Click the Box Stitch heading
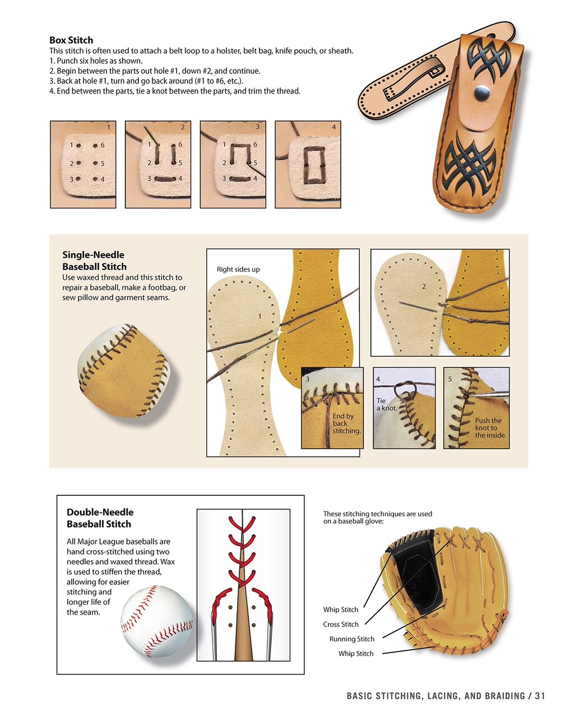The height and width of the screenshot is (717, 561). tap(71, 40)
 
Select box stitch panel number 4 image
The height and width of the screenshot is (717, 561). tap(308, 165)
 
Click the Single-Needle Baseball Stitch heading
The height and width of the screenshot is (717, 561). tap(94, 260)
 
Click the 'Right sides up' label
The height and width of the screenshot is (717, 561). tap(238, 269)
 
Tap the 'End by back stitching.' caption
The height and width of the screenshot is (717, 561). tap(346, 423)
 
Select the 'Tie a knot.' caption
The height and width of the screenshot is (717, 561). tap(386, 404)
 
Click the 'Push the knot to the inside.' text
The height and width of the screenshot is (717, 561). tap(490, 428)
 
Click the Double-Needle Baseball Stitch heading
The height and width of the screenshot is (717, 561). tap(100, 518)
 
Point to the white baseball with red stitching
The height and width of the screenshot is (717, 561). tap(157, 622)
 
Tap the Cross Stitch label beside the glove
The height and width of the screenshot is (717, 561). tap(341, 624)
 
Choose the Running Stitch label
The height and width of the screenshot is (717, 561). tap(351, 639)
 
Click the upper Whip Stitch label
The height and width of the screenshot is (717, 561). tap(340, 609)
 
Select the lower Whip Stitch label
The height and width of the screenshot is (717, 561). tap(355, 654)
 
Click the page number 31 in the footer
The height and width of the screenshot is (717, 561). tap(540, 696)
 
